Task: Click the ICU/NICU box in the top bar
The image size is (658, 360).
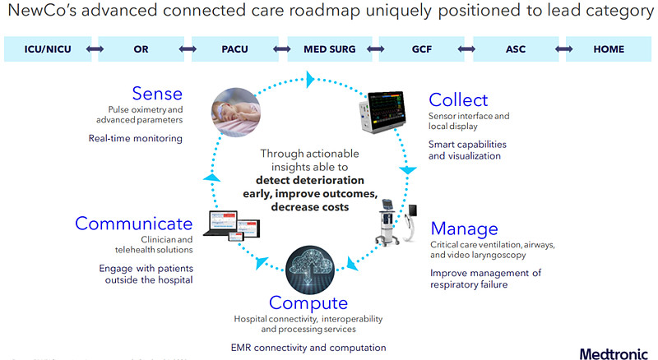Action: coord(48,49)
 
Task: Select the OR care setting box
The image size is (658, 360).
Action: coord(141,49)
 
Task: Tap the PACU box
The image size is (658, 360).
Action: coord(235,49)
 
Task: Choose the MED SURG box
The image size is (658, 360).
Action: coord(330,49)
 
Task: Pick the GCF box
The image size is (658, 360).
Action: coord(422,49)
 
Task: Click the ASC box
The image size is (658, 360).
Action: coord(516,49)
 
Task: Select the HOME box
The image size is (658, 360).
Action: coord(609,49)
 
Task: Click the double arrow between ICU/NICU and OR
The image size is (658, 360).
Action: coord(95,49)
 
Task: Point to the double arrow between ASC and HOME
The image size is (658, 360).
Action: coord(563,49)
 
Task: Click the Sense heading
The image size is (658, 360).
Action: coord(157,94)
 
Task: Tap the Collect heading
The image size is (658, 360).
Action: coord(458,99)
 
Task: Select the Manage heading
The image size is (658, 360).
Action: coord(464,228)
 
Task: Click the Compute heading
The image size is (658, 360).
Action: coord(308,303)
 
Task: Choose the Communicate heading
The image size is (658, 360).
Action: coord(134,224)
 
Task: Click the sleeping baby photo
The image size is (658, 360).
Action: coord(236,112)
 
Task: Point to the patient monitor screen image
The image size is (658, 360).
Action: coord(382,111)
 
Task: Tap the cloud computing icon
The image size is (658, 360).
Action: coord(310,270)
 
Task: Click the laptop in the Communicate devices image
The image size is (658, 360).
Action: coord(220,223)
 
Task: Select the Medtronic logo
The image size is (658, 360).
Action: coord(614,353)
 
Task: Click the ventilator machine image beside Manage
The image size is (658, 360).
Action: coord(387,222)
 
